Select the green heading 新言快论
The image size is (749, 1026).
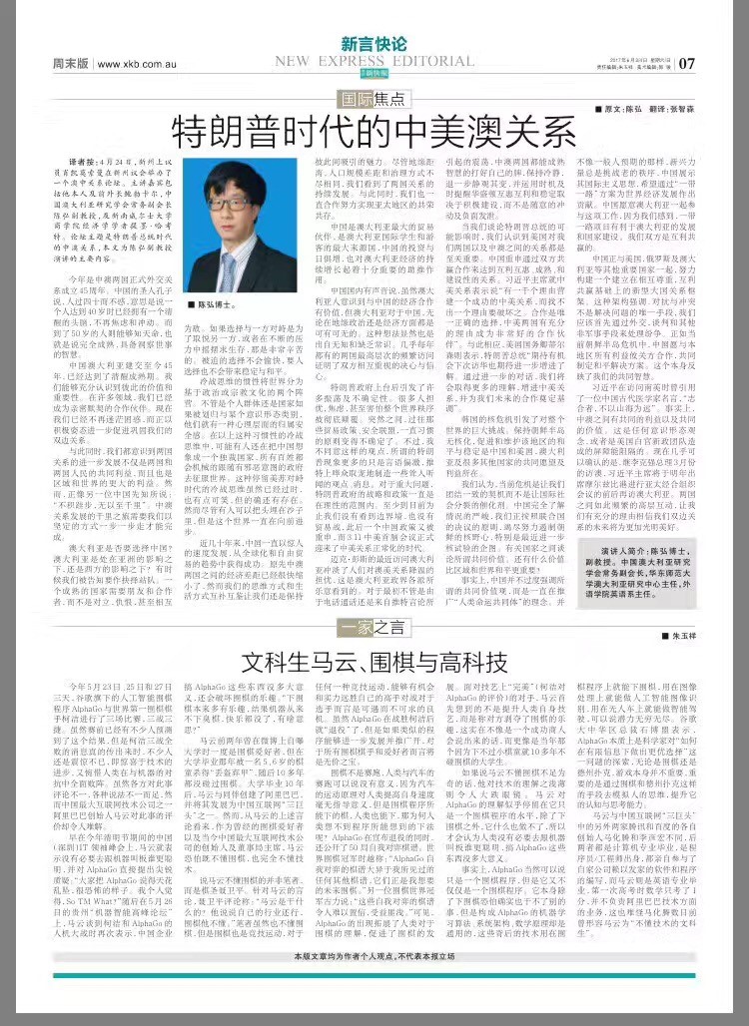click(374, 44)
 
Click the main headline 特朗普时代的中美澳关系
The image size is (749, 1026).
click(374, 131)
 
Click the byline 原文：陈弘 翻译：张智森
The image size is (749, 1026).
click(649, 107)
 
